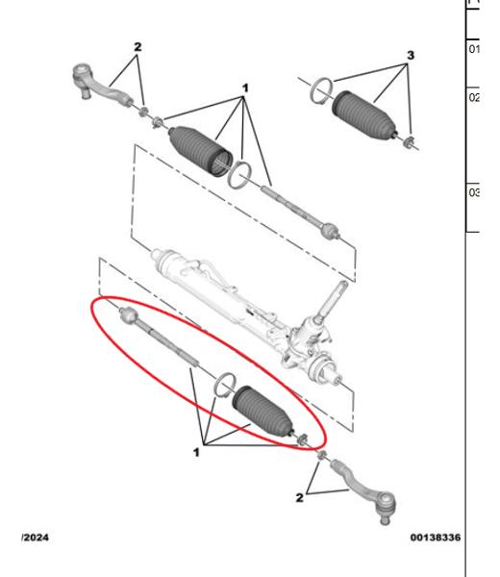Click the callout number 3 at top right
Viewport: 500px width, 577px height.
point(411,56)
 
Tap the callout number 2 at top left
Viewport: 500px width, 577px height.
point(137,46)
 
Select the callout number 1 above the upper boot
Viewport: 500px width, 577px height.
point(245,88)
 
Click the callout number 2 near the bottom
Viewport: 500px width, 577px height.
point(300,498)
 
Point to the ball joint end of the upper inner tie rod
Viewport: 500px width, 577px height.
point(329,230)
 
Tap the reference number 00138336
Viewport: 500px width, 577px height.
point(434,537)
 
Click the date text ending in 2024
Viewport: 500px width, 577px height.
point(37,537)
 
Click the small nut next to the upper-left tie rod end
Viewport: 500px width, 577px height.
point(143,113)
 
